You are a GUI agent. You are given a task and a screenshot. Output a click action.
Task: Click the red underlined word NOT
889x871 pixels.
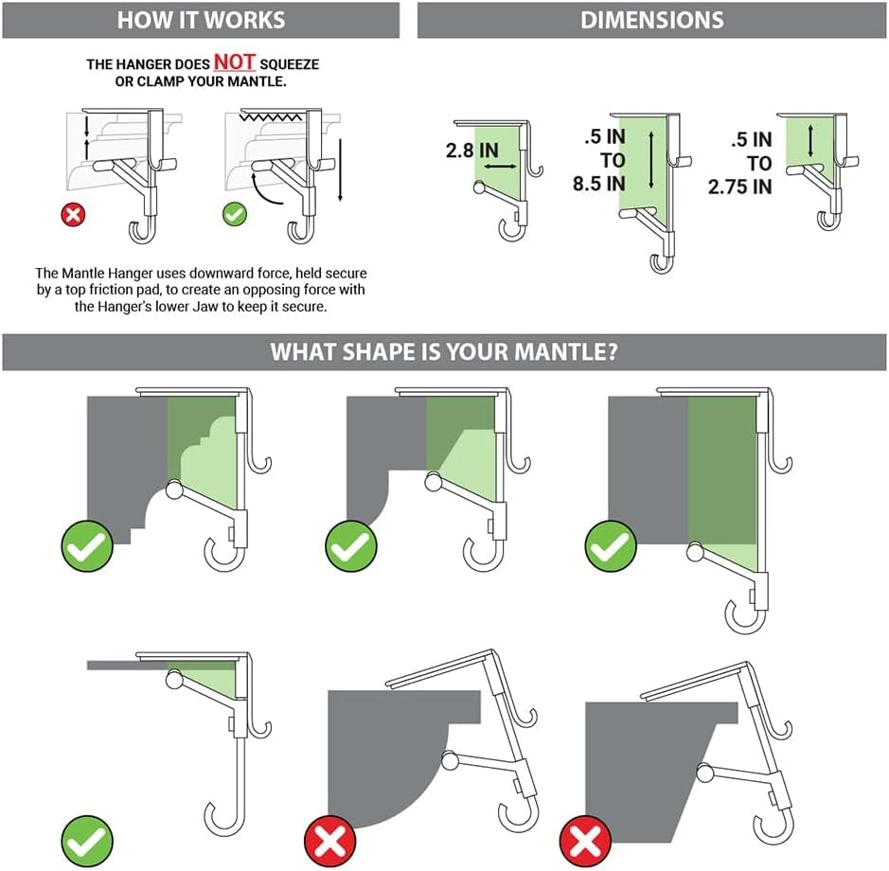[x=234, y=62]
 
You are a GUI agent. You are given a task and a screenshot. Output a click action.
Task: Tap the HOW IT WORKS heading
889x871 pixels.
[x=199, y=20]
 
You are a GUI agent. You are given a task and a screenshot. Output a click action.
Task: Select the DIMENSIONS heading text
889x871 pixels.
[x=652, y=20]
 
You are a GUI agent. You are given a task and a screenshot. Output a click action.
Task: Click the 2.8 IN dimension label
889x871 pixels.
[x=472, y=151]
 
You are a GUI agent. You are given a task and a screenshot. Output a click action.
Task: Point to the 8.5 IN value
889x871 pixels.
[x=599, y=184]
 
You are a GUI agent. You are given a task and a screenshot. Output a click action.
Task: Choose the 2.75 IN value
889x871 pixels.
[x=740, y=187]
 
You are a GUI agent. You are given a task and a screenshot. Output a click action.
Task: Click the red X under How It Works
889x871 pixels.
[x=73, y=214]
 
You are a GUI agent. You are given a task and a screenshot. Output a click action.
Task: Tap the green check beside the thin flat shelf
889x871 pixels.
[x=87, y=838]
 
